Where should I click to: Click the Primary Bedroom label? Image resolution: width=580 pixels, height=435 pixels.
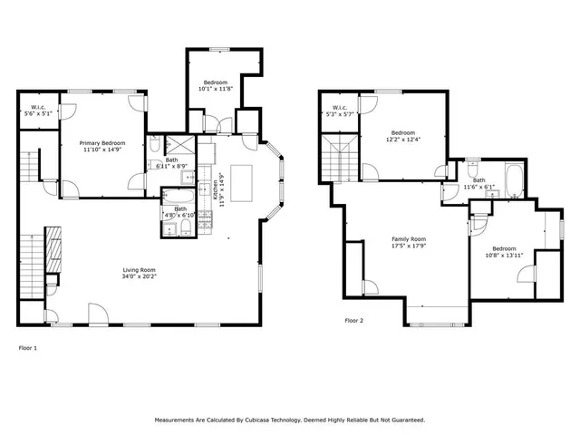[101, 143]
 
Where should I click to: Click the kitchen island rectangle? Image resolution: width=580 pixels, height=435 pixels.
[242, 175]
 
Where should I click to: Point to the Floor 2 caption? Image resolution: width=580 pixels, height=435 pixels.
[353, 321]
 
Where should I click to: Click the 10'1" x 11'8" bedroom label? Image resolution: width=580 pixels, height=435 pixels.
[216, 82]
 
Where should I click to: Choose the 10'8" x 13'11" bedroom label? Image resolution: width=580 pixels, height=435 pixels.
[505, 249]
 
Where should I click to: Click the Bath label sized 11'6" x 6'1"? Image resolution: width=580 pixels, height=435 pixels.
[478, 180]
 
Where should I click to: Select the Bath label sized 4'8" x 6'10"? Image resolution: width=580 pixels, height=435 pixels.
[180, 209]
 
